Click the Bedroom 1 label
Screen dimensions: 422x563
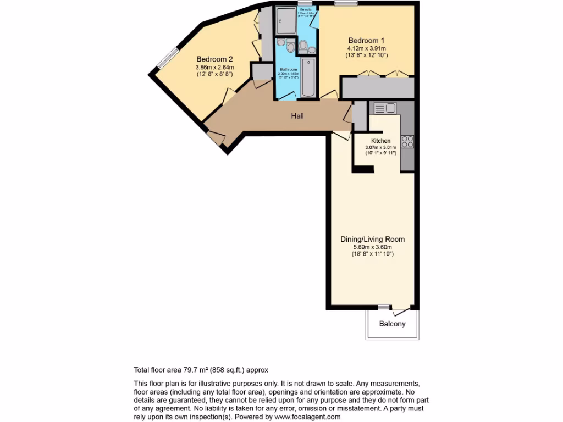[x=366, y=40]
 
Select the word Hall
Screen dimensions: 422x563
[x=297, y=116]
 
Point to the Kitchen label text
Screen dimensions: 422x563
[x=380, y=141]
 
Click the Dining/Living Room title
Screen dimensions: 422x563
[x=372, y=239]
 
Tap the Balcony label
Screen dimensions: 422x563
[x=392, y=324]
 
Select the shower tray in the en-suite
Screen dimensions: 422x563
[x=285, y=21]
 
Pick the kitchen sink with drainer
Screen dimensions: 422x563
[x=385, y=108]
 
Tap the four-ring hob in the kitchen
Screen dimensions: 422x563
[x=407, y=141]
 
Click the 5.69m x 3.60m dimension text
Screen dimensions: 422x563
[x=372, y=247]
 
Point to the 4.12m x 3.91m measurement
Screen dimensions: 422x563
[x=367, y=48]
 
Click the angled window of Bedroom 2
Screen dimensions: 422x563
[x=168, y=58]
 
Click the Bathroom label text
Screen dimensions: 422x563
[x=288, y=70]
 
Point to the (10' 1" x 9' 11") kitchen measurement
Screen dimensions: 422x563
[x=380, y=153]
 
